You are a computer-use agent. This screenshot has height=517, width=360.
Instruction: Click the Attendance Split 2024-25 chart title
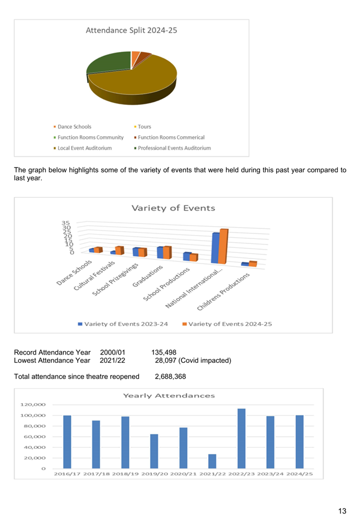click(x=131, y=31)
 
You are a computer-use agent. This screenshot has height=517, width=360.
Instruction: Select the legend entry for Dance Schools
click(x=74, y=127)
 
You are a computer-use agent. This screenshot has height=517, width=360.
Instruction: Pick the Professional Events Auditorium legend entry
click(x=174, y=148)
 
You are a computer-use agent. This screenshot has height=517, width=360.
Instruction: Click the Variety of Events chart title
click(x=173, y=208)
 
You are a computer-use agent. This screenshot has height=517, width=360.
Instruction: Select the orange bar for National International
click(x=223, y=246)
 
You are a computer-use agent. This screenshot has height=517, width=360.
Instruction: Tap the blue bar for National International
click(x=215, y=248)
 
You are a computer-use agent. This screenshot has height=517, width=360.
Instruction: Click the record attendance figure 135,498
click(x=164, y=352)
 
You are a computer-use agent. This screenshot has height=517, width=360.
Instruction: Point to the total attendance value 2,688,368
click(x=170, y=377)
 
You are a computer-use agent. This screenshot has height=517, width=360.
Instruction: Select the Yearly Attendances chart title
click(x=169, y=395)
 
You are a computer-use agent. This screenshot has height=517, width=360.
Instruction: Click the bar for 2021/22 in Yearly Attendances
click(x=213, y=461)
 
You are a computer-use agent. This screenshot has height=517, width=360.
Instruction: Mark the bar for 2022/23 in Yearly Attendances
click(x=242, y=438)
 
